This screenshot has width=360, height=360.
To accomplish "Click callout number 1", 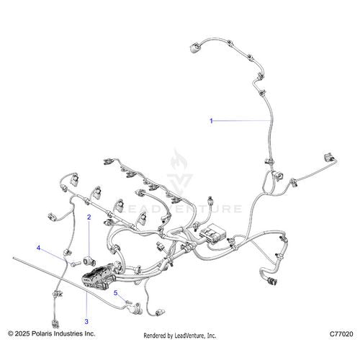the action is [x=211, y=121].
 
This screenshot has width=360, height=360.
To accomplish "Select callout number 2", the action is [x=89, y=217].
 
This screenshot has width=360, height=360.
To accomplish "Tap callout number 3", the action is [x=86, y=321].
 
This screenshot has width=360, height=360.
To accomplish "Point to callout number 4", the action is [x=38, y=248].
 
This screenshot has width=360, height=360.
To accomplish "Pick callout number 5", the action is [x=116, y=293].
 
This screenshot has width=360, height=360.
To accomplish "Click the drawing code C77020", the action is [x=341, y=334].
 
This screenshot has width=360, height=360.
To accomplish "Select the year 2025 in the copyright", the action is [x=22, y=333].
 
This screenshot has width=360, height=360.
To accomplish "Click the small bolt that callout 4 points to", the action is [x=75, y=264].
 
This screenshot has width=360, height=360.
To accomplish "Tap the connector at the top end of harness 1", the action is [x=194, y=48].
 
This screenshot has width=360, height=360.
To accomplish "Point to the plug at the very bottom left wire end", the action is [x=55, y=324].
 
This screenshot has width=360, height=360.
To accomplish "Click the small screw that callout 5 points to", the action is [x=129, y=302].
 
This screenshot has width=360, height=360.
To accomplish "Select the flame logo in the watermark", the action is [x=179, y=159].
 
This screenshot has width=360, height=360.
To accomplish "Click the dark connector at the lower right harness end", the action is [x=271, y=281].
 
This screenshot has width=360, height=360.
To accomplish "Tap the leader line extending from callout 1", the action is [x=242, y=120].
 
